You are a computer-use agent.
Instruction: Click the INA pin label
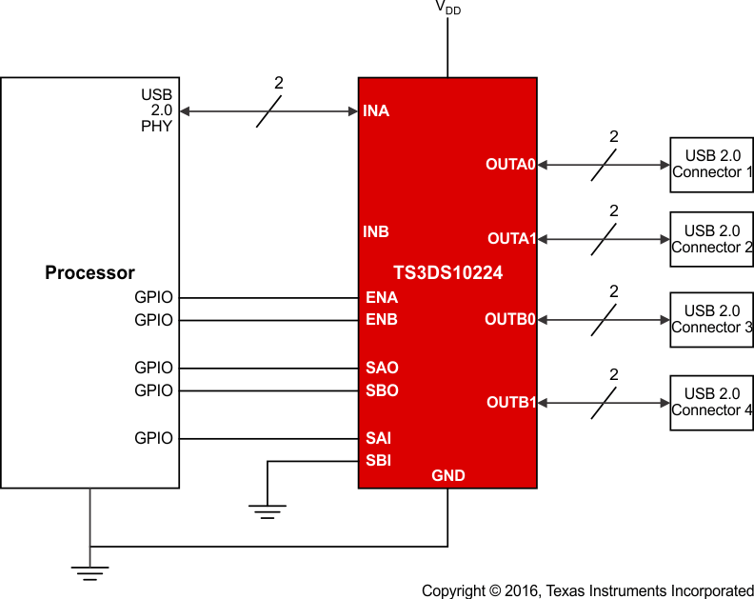(376, 111)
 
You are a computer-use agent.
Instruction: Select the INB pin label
(376, 231)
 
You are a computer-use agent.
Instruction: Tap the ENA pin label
(382, 297)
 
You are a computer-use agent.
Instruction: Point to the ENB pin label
(382, 320)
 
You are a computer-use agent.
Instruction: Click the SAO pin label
(382, 368)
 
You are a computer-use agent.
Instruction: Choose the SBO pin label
(382, 390)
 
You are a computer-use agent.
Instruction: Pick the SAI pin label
(379, 438)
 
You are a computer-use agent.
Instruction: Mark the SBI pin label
(379, 461)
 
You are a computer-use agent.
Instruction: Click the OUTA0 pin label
(511, 164)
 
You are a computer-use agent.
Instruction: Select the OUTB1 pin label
(511, 402)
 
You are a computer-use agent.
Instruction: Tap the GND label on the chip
(448, 475)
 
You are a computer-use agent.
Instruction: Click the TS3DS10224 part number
(447, 272)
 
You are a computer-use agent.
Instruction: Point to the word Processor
(89, 272)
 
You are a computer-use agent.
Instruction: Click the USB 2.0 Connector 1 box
(711, 164)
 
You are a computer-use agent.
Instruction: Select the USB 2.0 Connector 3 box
(711, 319)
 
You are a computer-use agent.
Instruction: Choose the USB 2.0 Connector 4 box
(711, 403)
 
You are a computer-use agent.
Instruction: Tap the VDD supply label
(447, 8)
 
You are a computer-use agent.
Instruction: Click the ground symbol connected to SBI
(268, 512)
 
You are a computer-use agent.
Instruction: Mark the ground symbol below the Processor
(89, 571)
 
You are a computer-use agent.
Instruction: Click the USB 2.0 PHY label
(157, 110)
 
